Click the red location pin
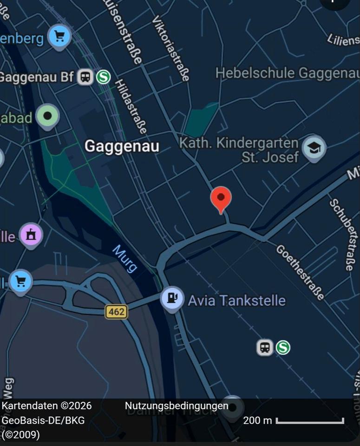(221, 198)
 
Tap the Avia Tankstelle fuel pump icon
(172, 298)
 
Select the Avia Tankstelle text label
(236, 300)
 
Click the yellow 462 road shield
(116, 311)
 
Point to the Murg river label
(124, 259)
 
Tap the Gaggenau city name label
(122, 146)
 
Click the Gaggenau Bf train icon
(85, 77)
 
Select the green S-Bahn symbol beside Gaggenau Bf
(103, 77)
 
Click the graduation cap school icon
(314, 148)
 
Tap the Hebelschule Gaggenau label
(287, 73)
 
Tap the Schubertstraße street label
(341, 234)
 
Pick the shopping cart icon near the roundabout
(20, 281)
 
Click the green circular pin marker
(47, 116)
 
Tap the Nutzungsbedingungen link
(177, 406)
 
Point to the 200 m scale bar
(310, 421)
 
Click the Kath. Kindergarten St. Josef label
(239, 150)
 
